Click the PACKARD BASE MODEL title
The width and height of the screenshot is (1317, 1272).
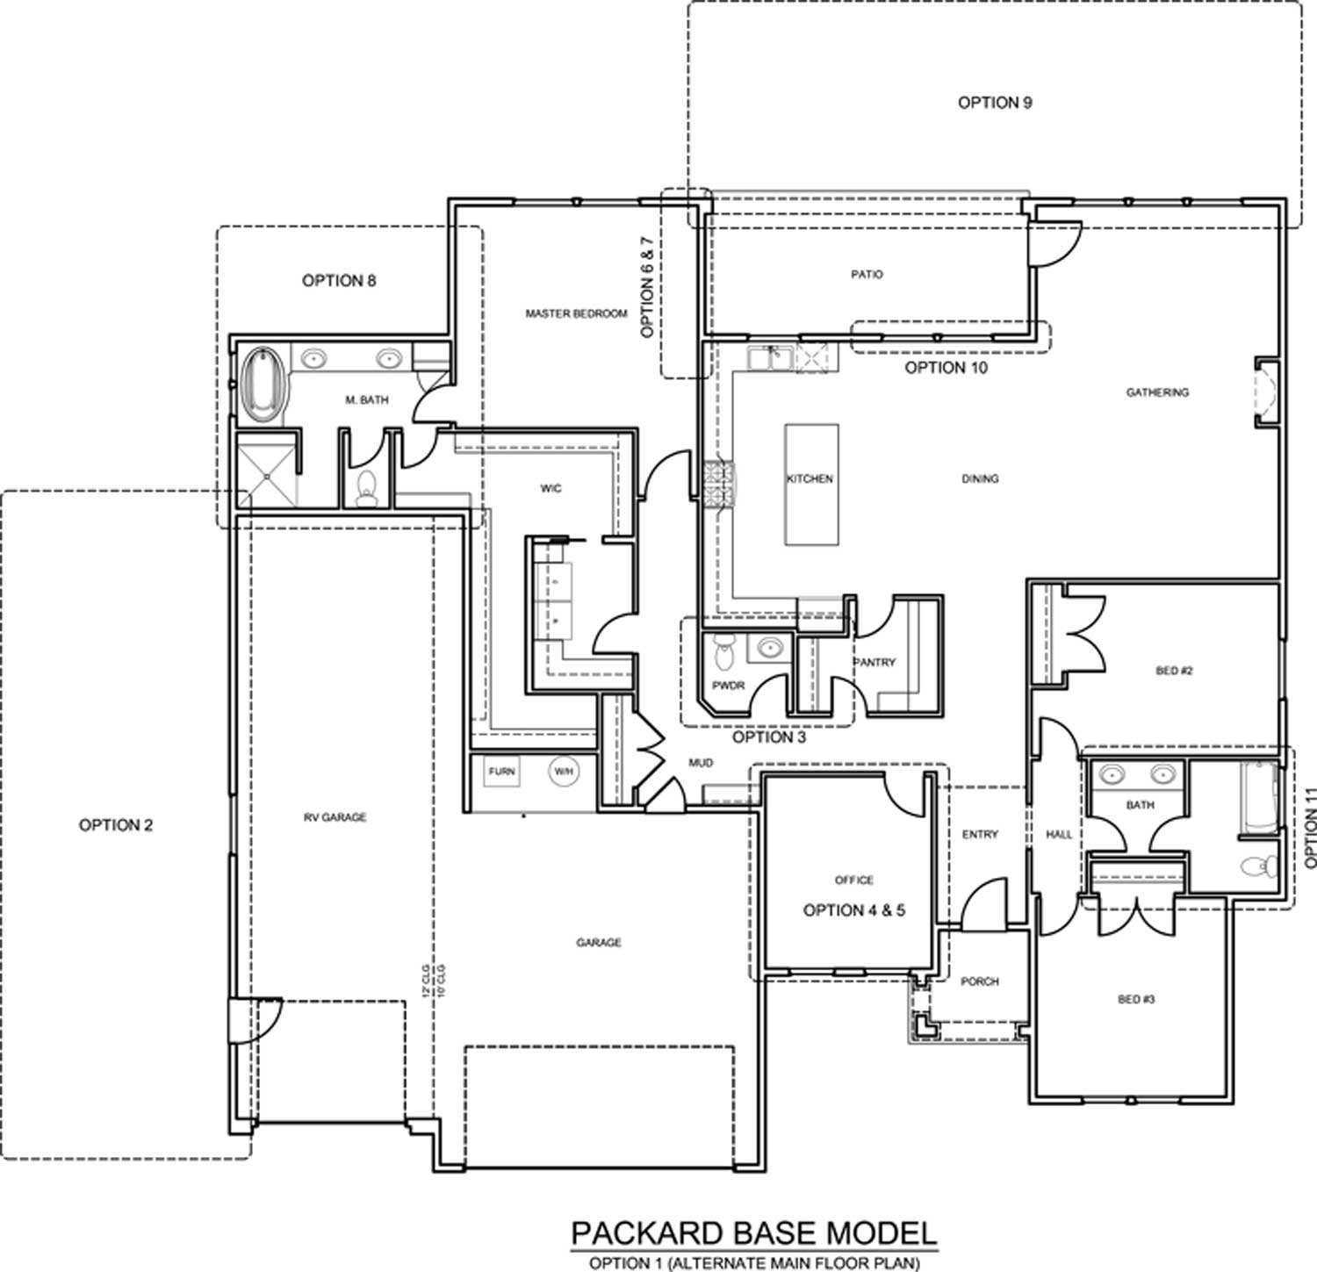pyautogui.click(x=753, y=1233)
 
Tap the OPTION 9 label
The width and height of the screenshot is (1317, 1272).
pyautogui.click(x=994, y=103)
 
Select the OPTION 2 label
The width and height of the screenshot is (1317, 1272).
pyautogui.click(x=116, y=825)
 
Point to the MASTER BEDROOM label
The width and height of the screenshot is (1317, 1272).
pyautogui.click(x=576, y=313)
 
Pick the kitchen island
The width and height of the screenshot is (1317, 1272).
pyautogui.click(x=810, y=485)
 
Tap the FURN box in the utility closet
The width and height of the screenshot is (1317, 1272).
pyautogui.click(x=502, y=772)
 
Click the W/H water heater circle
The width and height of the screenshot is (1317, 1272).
pyautogui.click(x=562, y=772)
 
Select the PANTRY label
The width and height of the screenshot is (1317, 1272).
pyautogui.click(x=874, y=663)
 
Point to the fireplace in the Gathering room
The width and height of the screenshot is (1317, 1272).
pyautogui.click(x=1265, y=392)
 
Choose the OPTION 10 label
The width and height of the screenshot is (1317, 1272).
pyautogui.click(x=946, y=368)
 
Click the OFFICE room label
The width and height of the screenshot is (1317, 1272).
pyautogui.click(x=853, y=880)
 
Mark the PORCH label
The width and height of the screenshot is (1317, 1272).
pyautogui.click(x=979, y=981)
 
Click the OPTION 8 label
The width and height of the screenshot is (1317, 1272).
pyautogui.click(x=339, y=281)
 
